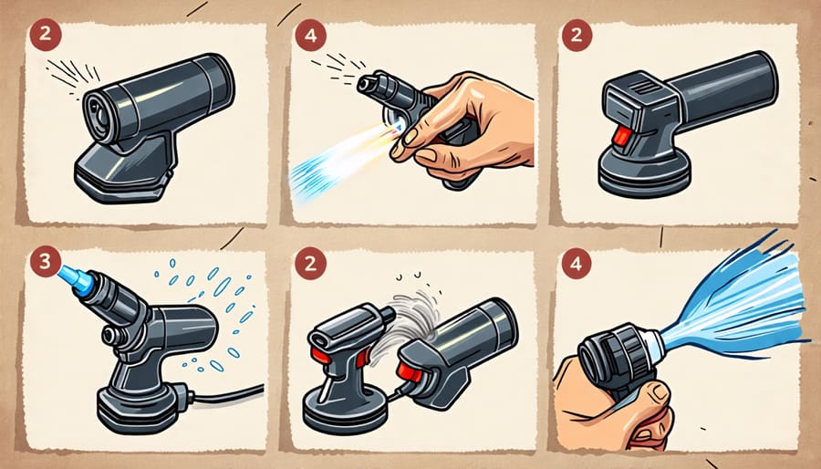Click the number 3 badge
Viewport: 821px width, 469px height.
(45, 261)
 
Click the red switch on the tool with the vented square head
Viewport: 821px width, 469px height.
(621, 137)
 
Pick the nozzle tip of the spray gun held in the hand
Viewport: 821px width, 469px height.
(367, 84)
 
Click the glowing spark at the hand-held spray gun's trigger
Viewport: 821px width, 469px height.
(397, 126)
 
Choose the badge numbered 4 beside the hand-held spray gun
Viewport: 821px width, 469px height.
(310, 36)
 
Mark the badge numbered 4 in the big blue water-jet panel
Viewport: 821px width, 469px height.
(576, 264)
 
